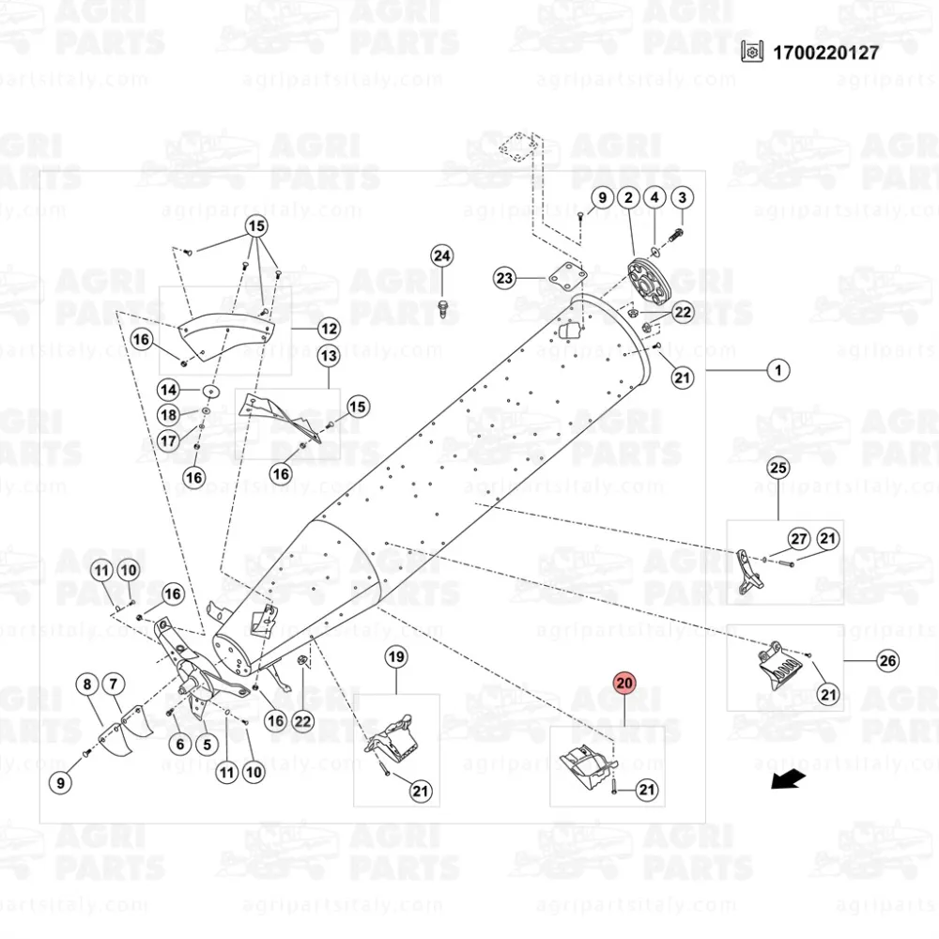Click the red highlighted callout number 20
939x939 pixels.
(625, 683)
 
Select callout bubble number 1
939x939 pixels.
(777, 371)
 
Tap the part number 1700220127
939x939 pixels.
(826, 53)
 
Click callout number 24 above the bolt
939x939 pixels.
(442, 255)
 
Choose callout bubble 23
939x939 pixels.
(505, 278)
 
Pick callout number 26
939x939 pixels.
(887, 661)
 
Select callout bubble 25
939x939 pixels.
(778, 467)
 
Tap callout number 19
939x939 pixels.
(396, 657)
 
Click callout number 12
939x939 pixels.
(329, 330)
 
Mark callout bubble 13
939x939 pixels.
(329, 357)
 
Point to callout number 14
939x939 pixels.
(168, 390)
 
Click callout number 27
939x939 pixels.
(798, 539)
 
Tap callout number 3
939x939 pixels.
(682, 197)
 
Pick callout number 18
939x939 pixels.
(168, 415)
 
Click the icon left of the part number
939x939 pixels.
(749, 53)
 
